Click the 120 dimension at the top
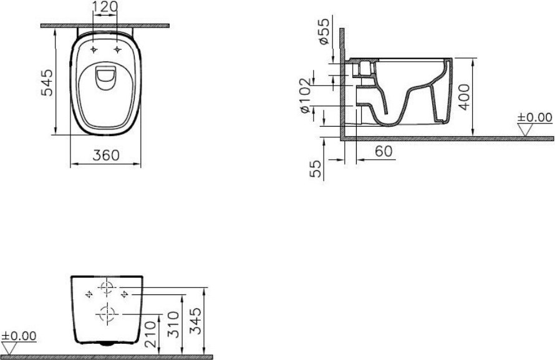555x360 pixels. (x=105, y=6)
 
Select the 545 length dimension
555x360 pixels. (x=47, y=83)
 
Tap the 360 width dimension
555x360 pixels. (x=106, y=155)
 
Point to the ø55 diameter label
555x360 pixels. (x=324, y=31)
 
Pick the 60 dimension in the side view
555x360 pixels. (x=384, y=152)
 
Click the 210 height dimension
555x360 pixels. (x=150, y=334)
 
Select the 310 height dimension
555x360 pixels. (x=174, y=324)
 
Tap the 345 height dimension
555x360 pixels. (x=195, y=321)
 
